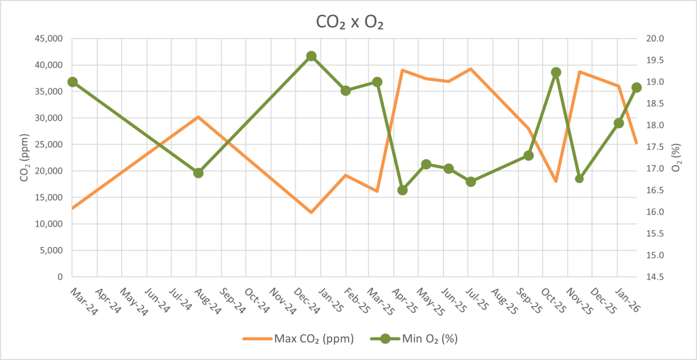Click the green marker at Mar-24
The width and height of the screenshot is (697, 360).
(x=72, y=82)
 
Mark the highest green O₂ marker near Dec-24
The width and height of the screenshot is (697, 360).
(x=311, y=56)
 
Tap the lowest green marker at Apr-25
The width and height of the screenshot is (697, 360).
(x=402, y=190)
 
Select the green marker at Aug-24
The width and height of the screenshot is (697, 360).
(x=198, y=173)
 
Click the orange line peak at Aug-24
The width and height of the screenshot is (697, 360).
(x=198, y=117)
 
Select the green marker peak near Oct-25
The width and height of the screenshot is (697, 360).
(x=555, y=72)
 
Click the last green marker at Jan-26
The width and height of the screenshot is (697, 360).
(x=636, y=88)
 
